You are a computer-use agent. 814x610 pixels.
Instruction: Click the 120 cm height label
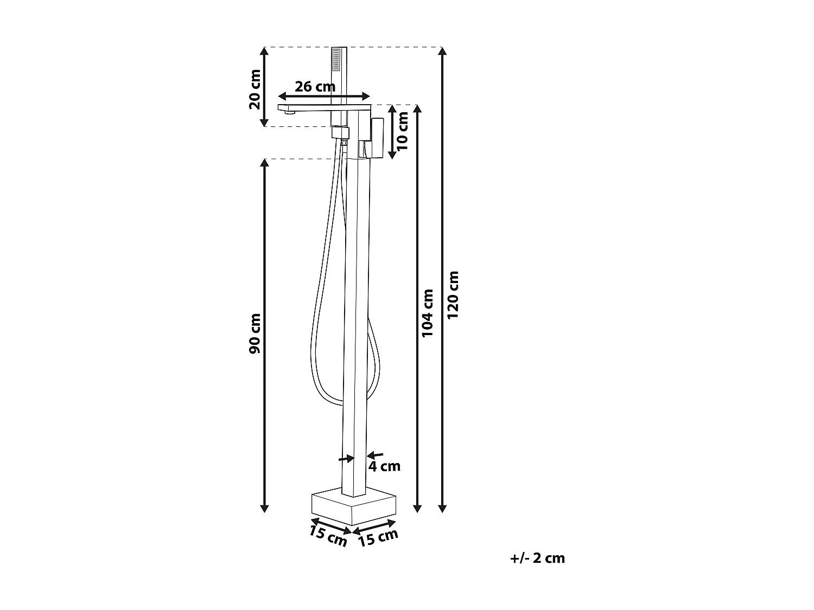[453, 295]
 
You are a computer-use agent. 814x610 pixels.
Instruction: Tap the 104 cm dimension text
[428, 313]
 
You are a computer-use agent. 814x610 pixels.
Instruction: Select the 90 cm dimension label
[255, 333]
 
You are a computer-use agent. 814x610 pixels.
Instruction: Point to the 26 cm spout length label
[315, 87]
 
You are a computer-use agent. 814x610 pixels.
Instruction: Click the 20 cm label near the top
[255, 89]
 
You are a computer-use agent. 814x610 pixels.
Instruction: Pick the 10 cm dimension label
[402, 131]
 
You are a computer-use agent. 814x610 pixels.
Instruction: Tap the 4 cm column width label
[385, 466]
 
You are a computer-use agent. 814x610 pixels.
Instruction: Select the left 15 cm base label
[328, 536]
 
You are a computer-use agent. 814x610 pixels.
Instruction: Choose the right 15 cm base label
[378, 538]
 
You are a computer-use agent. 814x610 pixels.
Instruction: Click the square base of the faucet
[354, 506]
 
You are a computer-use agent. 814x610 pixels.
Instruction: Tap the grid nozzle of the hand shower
[336, 59]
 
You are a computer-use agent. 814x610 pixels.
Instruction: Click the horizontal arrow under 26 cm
[324, 97]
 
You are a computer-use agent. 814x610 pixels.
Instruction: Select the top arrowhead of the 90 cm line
[264, 163]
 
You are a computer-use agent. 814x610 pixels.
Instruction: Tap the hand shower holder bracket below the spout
[340, 133]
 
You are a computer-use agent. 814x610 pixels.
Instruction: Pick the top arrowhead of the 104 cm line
[417, 109]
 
